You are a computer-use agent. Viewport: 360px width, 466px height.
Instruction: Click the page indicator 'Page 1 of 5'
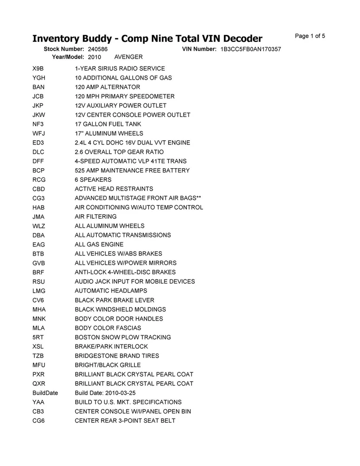coord(310,36)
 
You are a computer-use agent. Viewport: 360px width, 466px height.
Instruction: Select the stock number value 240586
coord(97,49)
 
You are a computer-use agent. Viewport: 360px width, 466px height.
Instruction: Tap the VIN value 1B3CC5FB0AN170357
coord(251,49)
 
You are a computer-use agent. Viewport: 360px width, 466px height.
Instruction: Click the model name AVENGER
coord(129,57)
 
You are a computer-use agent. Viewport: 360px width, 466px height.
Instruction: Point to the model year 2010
coord(94,57)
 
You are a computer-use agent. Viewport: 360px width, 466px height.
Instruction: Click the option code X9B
coord(38,69)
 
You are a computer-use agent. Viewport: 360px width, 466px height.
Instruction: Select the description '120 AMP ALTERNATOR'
coord(107,87)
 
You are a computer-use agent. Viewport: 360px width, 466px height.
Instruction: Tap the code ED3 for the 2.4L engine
coord(38,143)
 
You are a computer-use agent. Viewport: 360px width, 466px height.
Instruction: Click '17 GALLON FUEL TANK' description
coord(108,124)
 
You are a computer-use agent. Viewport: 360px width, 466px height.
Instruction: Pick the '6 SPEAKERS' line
coord(93,179)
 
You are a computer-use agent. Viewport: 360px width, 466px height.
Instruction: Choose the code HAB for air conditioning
coord(38,207)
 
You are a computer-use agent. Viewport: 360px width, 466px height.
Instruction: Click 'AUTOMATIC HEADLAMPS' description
coord(111,291)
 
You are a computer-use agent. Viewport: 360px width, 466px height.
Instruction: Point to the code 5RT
coord(38,337)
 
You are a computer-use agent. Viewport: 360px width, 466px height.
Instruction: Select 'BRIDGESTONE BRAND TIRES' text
coord(117,356)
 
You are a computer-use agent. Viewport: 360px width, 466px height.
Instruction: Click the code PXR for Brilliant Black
coord(38,374)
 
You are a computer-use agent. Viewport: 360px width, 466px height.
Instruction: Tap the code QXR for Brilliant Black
coord(38,384)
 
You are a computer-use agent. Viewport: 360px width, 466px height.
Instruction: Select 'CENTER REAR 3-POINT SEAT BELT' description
coord(125,421)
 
